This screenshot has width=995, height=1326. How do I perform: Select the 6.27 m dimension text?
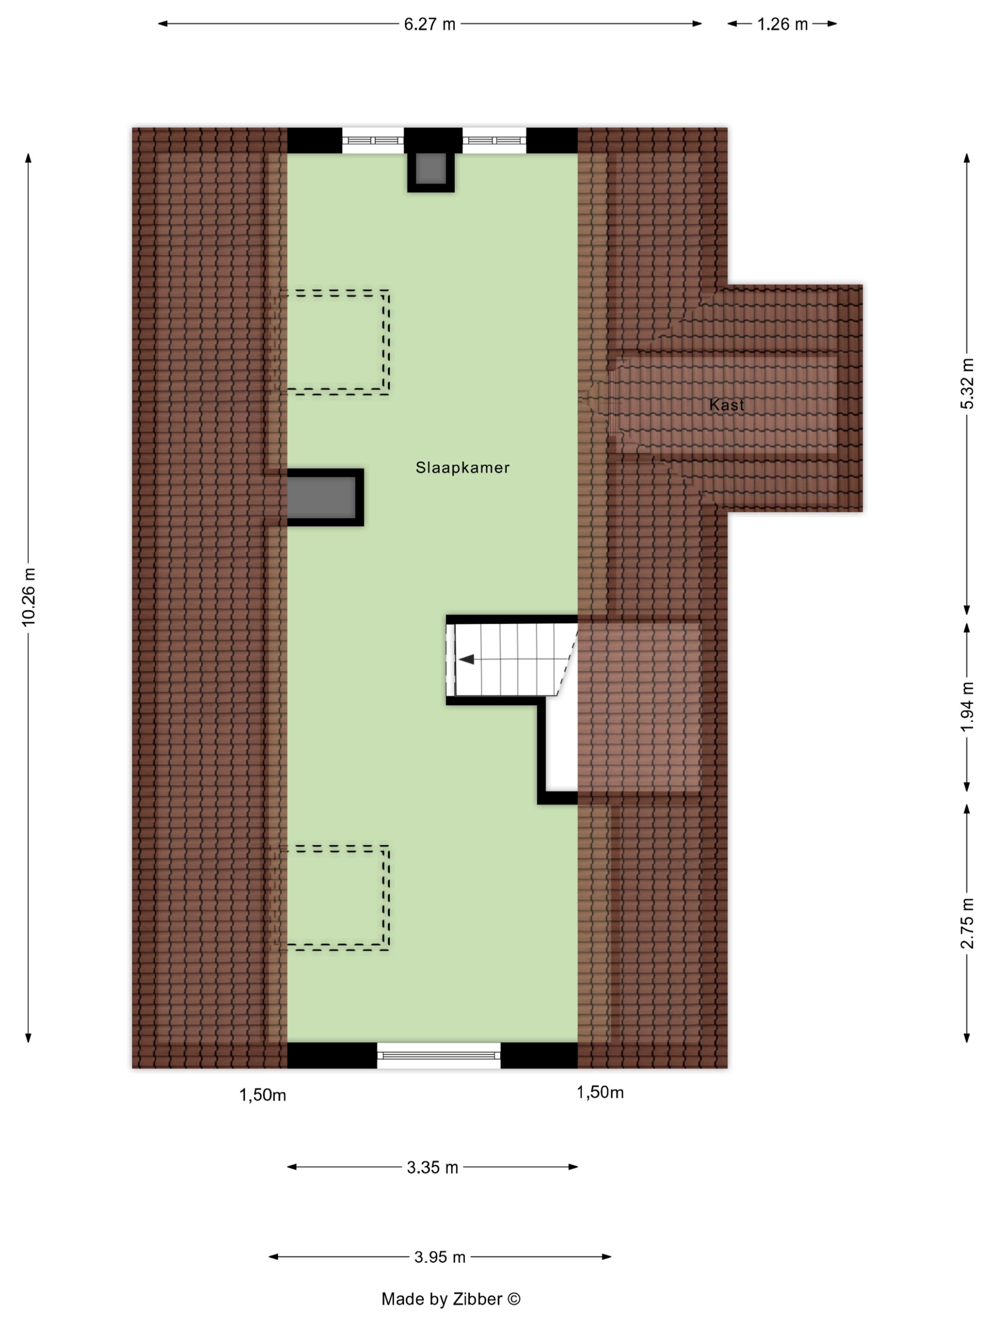pos(429,24)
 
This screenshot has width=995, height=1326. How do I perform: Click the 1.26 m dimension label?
pos(782,24)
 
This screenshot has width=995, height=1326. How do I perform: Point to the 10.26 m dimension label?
pos(28,597)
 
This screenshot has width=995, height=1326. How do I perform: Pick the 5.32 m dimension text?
pos(967,384)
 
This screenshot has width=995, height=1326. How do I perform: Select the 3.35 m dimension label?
pos(433,1167)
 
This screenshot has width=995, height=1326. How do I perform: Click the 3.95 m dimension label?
pos(440,1257)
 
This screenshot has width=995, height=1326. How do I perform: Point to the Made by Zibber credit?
pos(451,1299)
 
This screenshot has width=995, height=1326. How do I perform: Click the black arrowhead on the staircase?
pos(467,659)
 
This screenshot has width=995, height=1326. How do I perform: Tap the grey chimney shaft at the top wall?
pos(431,169)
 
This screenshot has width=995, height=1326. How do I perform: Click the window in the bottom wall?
pos(438,1055)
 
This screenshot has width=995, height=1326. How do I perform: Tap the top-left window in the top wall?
pos(372,140)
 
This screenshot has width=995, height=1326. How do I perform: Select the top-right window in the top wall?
pos(494,140)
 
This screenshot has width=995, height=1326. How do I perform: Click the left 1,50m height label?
pos(262,1095)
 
